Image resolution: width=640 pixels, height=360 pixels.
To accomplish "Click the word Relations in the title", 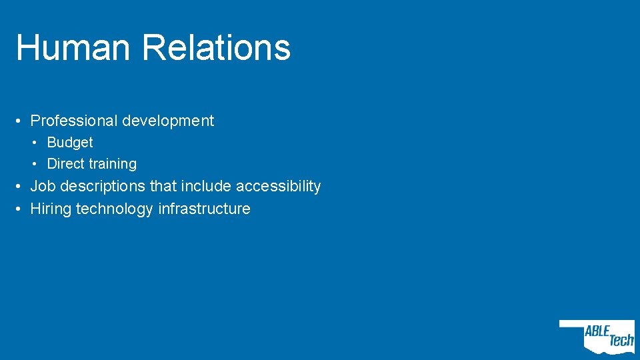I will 216,48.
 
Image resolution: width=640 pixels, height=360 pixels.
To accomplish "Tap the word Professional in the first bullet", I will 74,121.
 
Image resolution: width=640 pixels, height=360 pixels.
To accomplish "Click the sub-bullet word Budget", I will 70,143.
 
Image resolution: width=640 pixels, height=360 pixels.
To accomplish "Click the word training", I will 113,164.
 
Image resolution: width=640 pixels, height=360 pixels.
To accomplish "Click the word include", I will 205,186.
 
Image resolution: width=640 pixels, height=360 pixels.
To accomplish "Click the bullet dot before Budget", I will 37,143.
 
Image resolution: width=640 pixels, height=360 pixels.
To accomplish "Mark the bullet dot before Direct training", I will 37,164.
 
